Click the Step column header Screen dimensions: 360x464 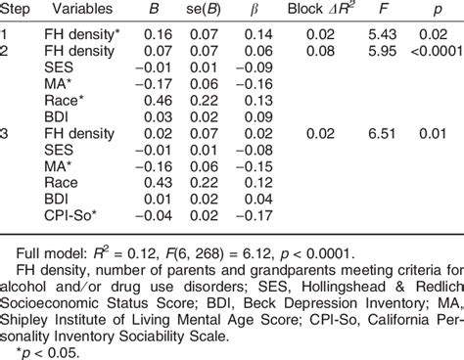click(x=21, y=13)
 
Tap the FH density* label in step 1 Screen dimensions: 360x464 click(x=80, y=32)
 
